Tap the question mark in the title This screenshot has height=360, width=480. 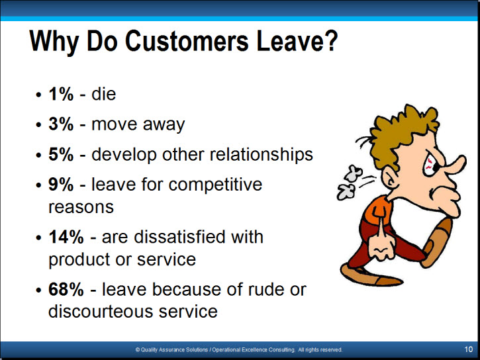point(330,41)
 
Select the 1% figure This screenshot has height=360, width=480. point(61,94)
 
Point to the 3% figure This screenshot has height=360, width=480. point(61,124)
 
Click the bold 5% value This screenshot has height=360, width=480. point(61,154)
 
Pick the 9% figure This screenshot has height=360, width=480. point(61,185)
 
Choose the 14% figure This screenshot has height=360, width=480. point(66,237)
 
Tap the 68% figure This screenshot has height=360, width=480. point(66,289)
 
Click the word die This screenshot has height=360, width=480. point(104,93)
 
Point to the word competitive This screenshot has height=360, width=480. point(215,185)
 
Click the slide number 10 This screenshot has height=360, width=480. point(468,349)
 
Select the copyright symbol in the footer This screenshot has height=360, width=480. point(138,349)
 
